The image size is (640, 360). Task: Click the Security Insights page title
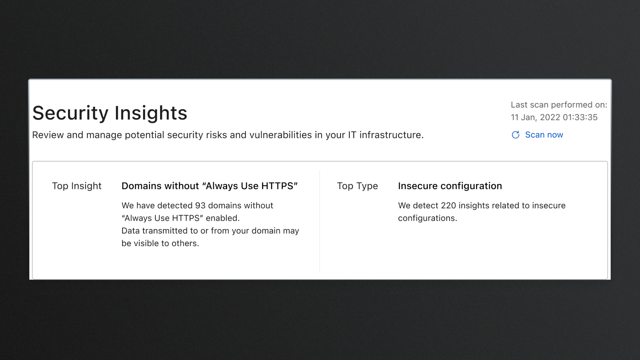click(x=110, y=113)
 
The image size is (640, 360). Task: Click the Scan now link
click(x=544, y=135)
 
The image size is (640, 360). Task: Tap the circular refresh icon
click(x=516, y=135)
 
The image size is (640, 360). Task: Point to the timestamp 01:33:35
click(x=580, y=117)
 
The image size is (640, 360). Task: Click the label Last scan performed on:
click(x=559, y=105)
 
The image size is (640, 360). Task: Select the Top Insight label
click(x=77, y=186)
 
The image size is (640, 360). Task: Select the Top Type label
click(x=357, y=186)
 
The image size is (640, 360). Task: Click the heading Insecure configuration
click(x=450, y=186)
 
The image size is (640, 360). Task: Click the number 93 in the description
click(x=200, y=205)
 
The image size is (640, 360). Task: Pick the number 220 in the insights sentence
click(x=448, y=205)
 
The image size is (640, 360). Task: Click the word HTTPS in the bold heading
click(x=277, y=186)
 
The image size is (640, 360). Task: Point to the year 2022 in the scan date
click(x=550, y=117)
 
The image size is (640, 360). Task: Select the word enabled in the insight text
click(x=223, y=218)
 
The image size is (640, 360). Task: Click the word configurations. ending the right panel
click(x=428, y=218)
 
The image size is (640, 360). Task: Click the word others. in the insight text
click(x=185, y=243)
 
